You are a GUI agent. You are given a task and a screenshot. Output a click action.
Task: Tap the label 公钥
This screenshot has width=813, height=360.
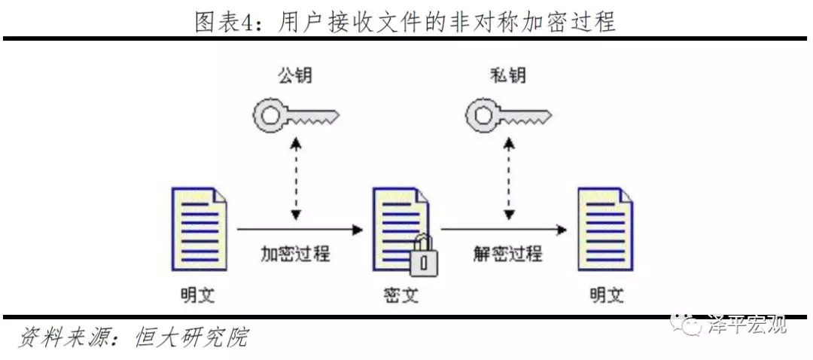coord(294,76)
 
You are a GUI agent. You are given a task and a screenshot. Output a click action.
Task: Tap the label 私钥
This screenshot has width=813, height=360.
coord(507,76)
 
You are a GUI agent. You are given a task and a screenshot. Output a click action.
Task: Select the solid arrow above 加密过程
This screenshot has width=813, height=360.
coord(298,227)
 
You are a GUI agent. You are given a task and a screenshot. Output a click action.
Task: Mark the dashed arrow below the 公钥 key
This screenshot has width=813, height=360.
coord(295,178)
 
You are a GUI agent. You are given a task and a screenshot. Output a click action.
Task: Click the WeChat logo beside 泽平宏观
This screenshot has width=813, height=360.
coord(687,324)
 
